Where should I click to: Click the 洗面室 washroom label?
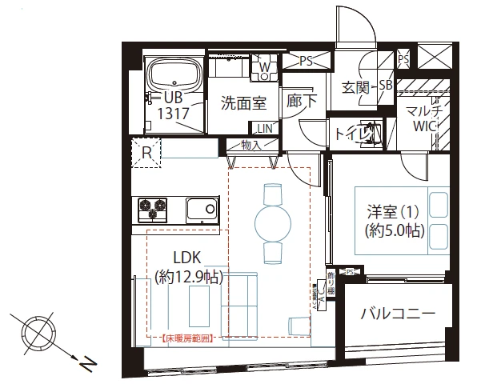click(x=243, y=103)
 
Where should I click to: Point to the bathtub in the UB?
click(x=174, y=76)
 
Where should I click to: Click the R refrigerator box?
click(x=147, y=151)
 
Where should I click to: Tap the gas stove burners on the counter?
click(x=153, y=210)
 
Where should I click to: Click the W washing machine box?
click(x=264, y=67)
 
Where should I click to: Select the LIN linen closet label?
click(x=264, y=128)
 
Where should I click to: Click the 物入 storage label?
click(x=251, y=146)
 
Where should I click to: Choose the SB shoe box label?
click(x=385, y=86)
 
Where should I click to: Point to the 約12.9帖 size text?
click(x=189, y=277)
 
